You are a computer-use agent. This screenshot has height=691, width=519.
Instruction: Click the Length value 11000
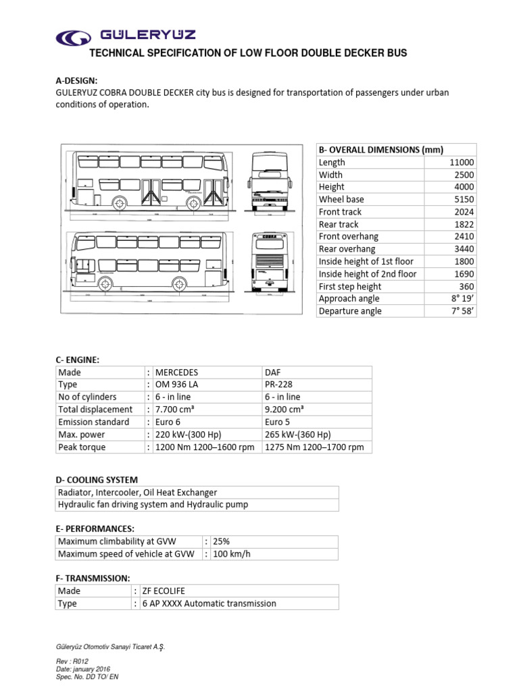point(462,162)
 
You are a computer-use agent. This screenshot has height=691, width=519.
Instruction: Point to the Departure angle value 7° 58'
point(462,311)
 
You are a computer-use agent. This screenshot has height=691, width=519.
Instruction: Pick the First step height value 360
point(466,286)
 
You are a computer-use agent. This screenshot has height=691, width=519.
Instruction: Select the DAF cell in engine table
point(276,372)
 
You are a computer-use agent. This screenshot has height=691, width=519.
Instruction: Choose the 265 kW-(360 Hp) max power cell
point(302,435)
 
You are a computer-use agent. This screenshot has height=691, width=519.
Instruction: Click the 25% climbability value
point(221,542)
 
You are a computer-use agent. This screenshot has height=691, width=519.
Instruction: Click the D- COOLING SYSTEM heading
point(97,480)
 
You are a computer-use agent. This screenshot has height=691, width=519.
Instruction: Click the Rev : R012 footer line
point(72,661)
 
